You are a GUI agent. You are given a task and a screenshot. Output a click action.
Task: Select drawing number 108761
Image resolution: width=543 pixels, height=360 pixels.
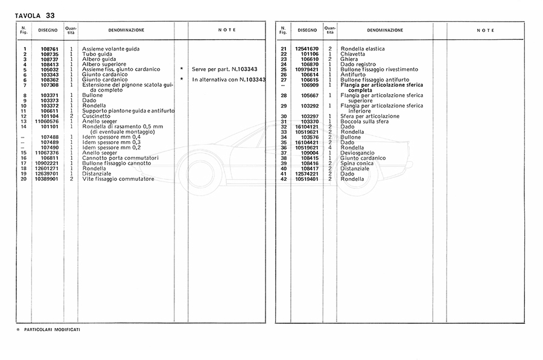pos(49,49)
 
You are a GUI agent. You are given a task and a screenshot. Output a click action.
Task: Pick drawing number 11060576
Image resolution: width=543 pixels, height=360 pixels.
pos(47,121)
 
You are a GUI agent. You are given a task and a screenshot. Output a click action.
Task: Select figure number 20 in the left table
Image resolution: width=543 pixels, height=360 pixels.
pos(24,179)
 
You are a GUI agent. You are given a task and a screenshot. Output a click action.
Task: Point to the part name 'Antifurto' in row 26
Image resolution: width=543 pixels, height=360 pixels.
pos(353,75)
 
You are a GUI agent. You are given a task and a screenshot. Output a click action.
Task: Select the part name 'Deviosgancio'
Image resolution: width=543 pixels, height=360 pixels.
pos(357,153)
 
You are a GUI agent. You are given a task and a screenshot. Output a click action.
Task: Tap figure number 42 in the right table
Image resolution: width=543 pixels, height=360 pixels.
pos(283,179)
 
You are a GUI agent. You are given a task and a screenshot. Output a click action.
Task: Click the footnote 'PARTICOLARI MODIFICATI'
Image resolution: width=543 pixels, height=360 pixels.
pos(52,330)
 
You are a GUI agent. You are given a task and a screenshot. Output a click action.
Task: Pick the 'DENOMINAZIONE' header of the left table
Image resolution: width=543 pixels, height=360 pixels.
pos(126,30)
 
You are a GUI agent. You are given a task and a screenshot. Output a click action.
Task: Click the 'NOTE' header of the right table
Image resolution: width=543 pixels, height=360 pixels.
pos(485,30)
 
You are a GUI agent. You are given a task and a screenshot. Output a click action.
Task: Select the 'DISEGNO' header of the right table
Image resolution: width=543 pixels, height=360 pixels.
pos(307,30)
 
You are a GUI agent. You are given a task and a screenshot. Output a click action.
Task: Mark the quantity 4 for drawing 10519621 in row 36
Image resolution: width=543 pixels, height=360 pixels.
pos(330,148)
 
